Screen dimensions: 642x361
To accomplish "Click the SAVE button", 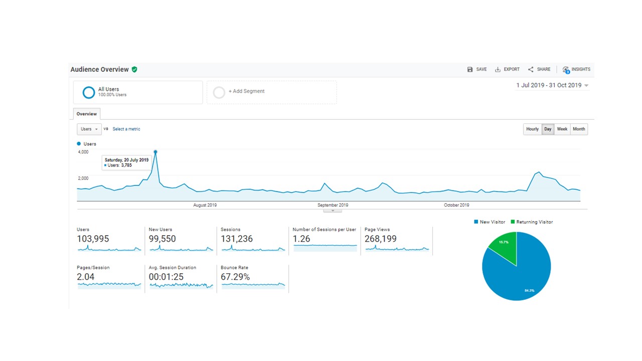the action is click(x=477, y=69).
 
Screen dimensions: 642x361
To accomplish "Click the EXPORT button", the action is click(x=507, y=69).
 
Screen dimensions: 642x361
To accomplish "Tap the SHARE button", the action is click(x=539, y=69).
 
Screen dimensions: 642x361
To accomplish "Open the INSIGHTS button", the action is click(x=576, y=70).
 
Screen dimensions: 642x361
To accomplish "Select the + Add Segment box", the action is click(x=272, y=92).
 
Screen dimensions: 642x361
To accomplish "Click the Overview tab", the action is click(x=87, y=114).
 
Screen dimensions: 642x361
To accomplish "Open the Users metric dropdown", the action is click(x=89, y=129).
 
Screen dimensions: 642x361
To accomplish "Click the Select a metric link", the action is click(x=126, y=129).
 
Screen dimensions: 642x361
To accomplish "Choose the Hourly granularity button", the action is click(x=532, y=129).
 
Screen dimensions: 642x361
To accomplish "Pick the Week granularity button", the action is click(x=562, y=129).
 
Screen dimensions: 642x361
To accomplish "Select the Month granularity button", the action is click(x=579, y=129).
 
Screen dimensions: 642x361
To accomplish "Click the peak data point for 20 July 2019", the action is click(x=155, y=152).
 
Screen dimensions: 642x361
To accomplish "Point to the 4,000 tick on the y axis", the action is click(x=83, y=152).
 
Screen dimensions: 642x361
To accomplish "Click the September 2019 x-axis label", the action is click(x=333, y=205).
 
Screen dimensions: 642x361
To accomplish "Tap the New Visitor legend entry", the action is click(x=490, y=222).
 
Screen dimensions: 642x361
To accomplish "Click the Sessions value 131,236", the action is click(x=237, y=239).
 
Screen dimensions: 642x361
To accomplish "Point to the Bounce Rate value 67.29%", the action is click(x=235, y=277).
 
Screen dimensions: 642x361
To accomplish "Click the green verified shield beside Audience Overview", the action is click(x=134, y=69).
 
